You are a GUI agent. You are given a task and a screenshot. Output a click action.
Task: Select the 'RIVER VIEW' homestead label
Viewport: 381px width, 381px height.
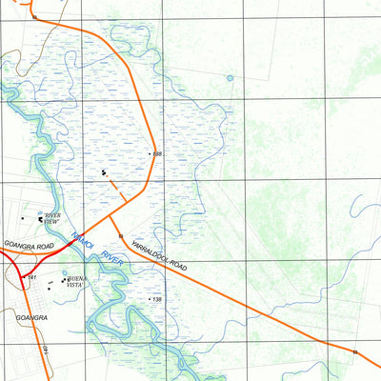[52, 218]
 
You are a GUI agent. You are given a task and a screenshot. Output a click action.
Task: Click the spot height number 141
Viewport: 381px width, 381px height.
[31, 277]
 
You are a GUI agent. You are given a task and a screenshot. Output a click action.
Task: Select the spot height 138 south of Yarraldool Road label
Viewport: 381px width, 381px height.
[157, 299]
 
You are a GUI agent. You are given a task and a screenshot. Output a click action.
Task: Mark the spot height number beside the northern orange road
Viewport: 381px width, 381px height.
[157, 153]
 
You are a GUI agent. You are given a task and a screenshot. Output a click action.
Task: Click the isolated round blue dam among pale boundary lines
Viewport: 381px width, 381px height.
[230, 78]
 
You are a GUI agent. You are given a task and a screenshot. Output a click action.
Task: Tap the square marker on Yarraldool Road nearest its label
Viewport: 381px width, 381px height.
[121, 234]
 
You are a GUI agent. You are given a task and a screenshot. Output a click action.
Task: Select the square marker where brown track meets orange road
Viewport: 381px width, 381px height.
[35, 17]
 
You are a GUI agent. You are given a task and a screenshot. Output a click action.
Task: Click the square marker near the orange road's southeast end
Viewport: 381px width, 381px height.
[354, 351]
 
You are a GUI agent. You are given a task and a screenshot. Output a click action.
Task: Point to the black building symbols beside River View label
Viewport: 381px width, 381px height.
[41, 219]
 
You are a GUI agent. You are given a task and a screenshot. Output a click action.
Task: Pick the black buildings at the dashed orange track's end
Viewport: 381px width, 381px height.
[104, 173]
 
